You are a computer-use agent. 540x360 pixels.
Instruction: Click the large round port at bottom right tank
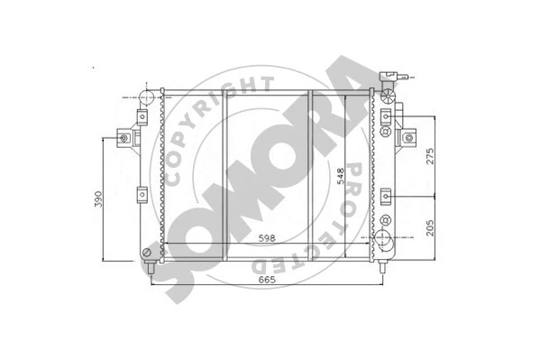[385, 240]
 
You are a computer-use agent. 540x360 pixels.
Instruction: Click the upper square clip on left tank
[142, 117]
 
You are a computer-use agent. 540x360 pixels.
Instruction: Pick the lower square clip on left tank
[142, 193]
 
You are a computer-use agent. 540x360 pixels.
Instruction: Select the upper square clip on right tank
[386, 117]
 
